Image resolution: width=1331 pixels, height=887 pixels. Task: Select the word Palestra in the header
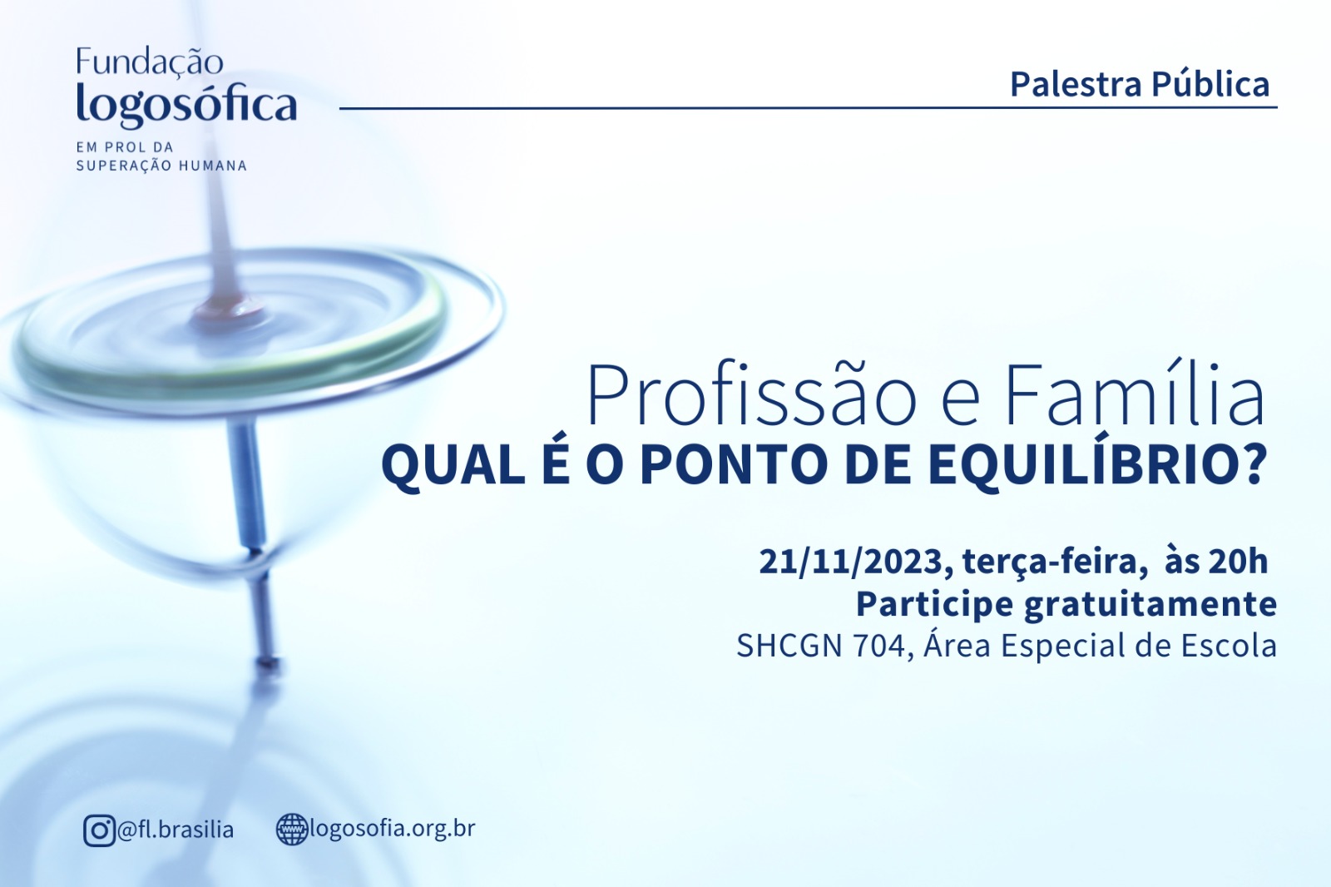tap(1076, 84)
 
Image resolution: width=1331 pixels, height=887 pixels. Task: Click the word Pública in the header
tap(1210, 84)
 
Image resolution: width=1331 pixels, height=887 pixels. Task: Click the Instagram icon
tap(99, 830)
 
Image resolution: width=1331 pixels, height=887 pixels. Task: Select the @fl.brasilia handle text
tap(176, 830)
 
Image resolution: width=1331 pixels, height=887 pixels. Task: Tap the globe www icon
tap(292, 830)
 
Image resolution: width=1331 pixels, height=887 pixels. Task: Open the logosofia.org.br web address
tap(393, 830)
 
